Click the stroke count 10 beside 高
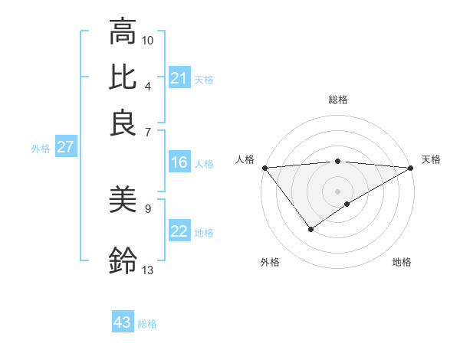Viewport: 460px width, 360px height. [x=148, y=39]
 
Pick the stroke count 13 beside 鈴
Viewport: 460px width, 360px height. [x=148, y=270]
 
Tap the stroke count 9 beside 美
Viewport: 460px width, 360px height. [x=148, y=208]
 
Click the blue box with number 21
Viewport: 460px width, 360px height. [x=179, y=78]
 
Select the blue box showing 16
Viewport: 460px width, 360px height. [x=179, y=162]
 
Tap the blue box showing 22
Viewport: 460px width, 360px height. [x=179, y=231]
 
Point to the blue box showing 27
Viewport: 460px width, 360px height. [x=64, y=147]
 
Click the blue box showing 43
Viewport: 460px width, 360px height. [x=122, y=322]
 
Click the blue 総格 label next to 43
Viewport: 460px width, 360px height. [x=147, y=324]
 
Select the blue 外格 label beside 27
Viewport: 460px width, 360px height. [x=40, y=149]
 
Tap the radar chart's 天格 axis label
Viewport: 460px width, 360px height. [x=431, y=159]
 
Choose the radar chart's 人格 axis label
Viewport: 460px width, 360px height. [x=245, y=159]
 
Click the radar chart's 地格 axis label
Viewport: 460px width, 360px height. [x=402, y=262]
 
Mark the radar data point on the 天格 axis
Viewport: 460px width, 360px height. [x=411, y=168]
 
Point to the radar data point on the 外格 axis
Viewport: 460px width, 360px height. [x=311, y=229]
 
